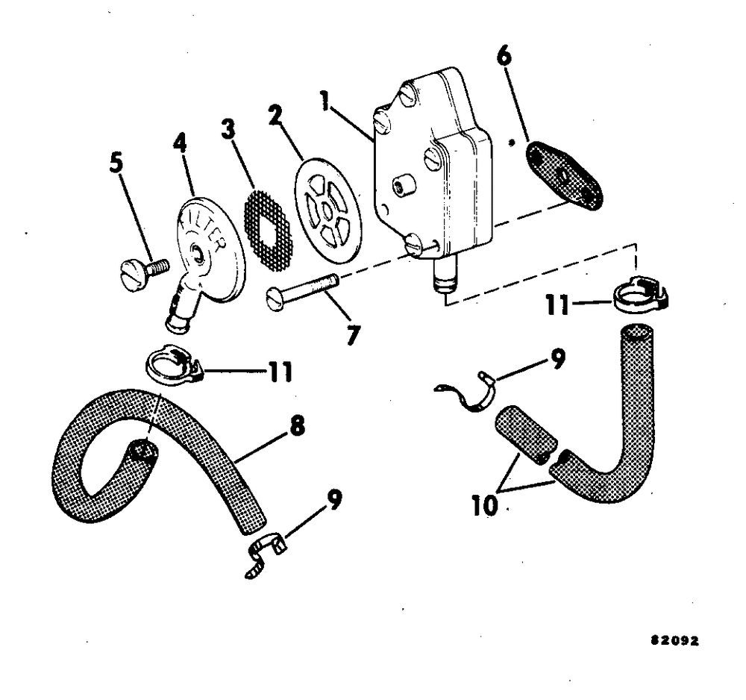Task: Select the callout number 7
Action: [x=351, y=334]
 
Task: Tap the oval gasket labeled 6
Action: [x=565, y=175]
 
